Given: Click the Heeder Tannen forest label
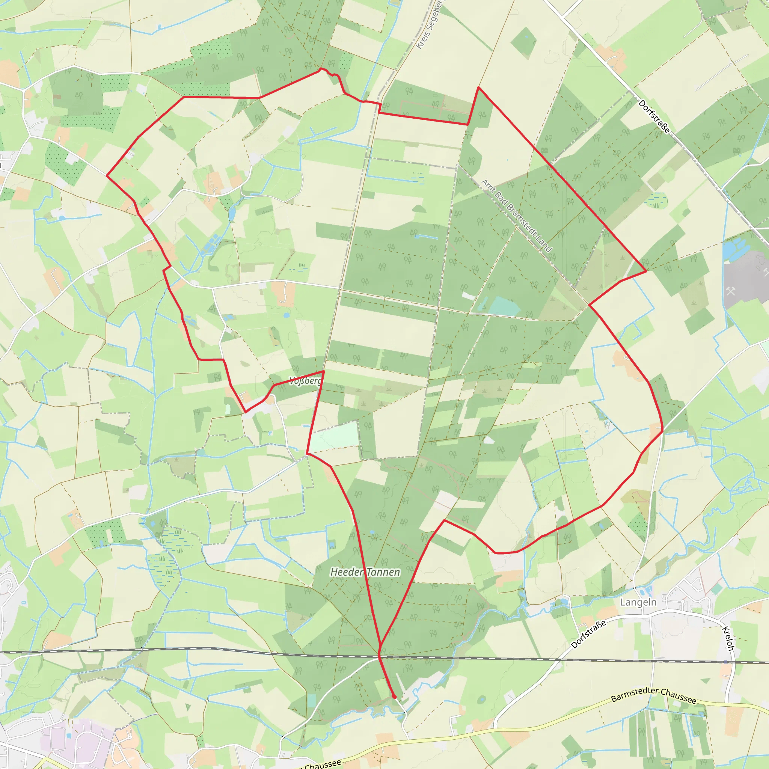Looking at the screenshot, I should coord(365,572).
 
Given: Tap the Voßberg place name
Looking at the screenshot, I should coord(305,381).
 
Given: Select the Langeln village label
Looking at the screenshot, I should coord(638,602).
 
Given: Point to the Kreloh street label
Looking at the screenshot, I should coord(728,638).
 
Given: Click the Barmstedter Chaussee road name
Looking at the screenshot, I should coord(654,695).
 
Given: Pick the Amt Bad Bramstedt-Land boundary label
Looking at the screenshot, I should coord(517,215).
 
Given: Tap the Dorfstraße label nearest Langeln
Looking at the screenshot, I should coord(588,634).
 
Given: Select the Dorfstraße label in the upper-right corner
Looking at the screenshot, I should coord(654,116).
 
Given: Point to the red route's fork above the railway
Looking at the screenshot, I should coord(380,645).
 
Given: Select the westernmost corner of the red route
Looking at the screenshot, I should coord(107,175).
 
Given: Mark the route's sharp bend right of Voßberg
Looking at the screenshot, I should coord(324,371).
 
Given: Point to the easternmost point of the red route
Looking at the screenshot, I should coord(663,430).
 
